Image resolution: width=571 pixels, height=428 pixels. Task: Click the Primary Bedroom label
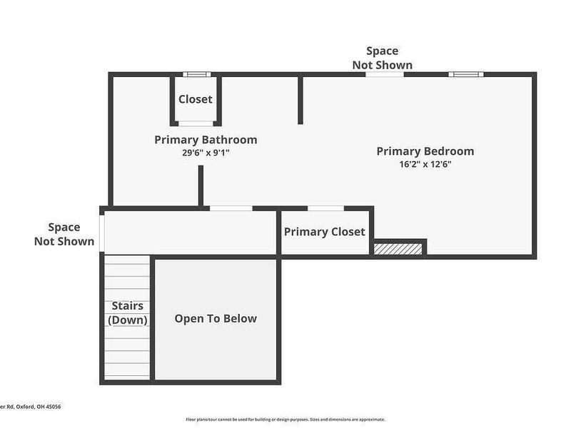point(425,151)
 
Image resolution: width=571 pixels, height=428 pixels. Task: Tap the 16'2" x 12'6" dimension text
point(425,163)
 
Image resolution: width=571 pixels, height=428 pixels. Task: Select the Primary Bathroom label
point(206,140)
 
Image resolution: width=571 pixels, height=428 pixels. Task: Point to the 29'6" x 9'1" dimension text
point(206,152)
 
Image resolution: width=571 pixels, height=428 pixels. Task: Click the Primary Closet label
point(324,232)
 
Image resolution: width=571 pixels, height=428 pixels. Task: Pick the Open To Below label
point(216,318)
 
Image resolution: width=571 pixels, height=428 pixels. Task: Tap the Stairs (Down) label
point(128,313)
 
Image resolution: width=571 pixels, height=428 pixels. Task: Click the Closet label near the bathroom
point(195,99)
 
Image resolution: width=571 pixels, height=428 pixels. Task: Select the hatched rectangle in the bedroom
point(398,248)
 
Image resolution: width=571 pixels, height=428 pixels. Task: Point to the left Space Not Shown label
point(64,234)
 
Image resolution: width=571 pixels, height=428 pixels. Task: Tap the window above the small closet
point(196,74)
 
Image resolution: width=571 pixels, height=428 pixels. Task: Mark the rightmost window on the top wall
point(465,74)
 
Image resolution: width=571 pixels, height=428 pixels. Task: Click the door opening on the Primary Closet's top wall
point(325,208)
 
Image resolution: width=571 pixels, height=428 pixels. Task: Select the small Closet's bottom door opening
point(196,123)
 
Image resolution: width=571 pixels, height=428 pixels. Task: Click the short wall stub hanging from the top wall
point(300,99)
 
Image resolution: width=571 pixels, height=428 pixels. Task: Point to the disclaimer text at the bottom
point(285,419)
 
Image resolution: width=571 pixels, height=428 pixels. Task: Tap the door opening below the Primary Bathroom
point(231,208)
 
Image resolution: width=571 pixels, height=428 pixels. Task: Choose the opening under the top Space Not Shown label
point(385,74)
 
